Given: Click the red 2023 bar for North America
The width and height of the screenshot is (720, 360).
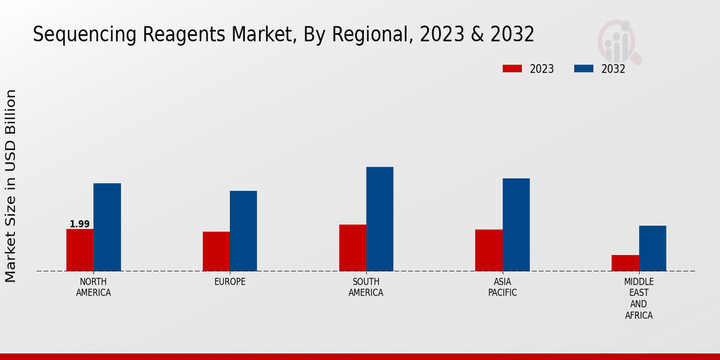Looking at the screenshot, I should [x=80, y=250].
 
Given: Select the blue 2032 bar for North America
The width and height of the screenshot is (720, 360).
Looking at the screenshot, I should [x=107, y=227].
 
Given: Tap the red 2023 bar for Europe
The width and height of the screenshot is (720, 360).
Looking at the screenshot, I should [x=216, y=251].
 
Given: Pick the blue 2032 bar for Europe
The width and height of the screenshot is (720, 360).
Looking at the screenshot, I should [x=243, y=230].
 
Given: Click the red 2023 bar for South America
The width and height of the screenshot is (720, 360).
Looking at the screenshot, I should [x=352, y=247].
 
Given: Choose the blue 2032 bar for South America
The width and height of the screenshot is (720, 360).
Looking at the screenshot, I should [x=380, y=218].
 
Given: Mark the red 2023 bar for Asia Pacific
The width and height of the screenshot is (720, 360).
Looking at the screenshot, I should [x=488, y=250].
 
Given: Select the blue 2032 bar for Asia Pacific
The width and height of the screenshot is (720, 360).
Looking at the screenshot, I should [x=516, y=224].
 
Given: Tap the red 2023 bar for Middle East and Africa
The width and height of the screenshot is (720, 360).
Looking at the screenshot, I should [x=625, y=263].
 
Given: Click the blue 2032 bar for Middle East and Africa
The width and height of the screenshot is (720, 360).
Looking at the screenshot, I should [x=652, y=248].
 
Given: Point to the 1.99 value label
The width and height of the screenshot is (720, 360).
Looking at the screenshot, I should [x=80, y=224].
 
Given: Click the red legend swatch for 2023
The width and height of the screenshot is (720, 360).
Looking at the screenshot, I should [x=512, y=68].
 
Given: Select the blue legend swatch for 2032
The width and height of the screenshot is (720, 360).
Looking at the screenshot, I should [x=583, y=68].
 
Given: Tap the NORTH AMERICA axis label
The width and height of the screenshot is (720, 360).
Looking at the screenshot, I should [x=94, y=287].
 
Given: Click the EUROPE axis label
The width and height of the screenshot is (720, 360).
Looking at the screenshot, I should [x=230, y=282].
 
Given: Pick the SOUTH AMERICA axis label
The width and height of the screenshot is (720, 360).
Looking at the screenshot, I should [x=366, y=287].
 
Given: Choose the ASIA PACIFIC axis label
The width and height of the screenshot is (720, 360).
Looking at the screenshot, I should [x=502, y=287].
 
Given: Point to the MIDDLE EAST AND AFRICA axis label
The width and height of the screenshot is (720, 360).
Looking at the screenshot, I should [x=639, y=298].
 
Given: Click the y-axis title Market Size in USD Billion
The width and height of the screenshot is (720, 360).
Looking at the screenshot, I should [x=11, y=185].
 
